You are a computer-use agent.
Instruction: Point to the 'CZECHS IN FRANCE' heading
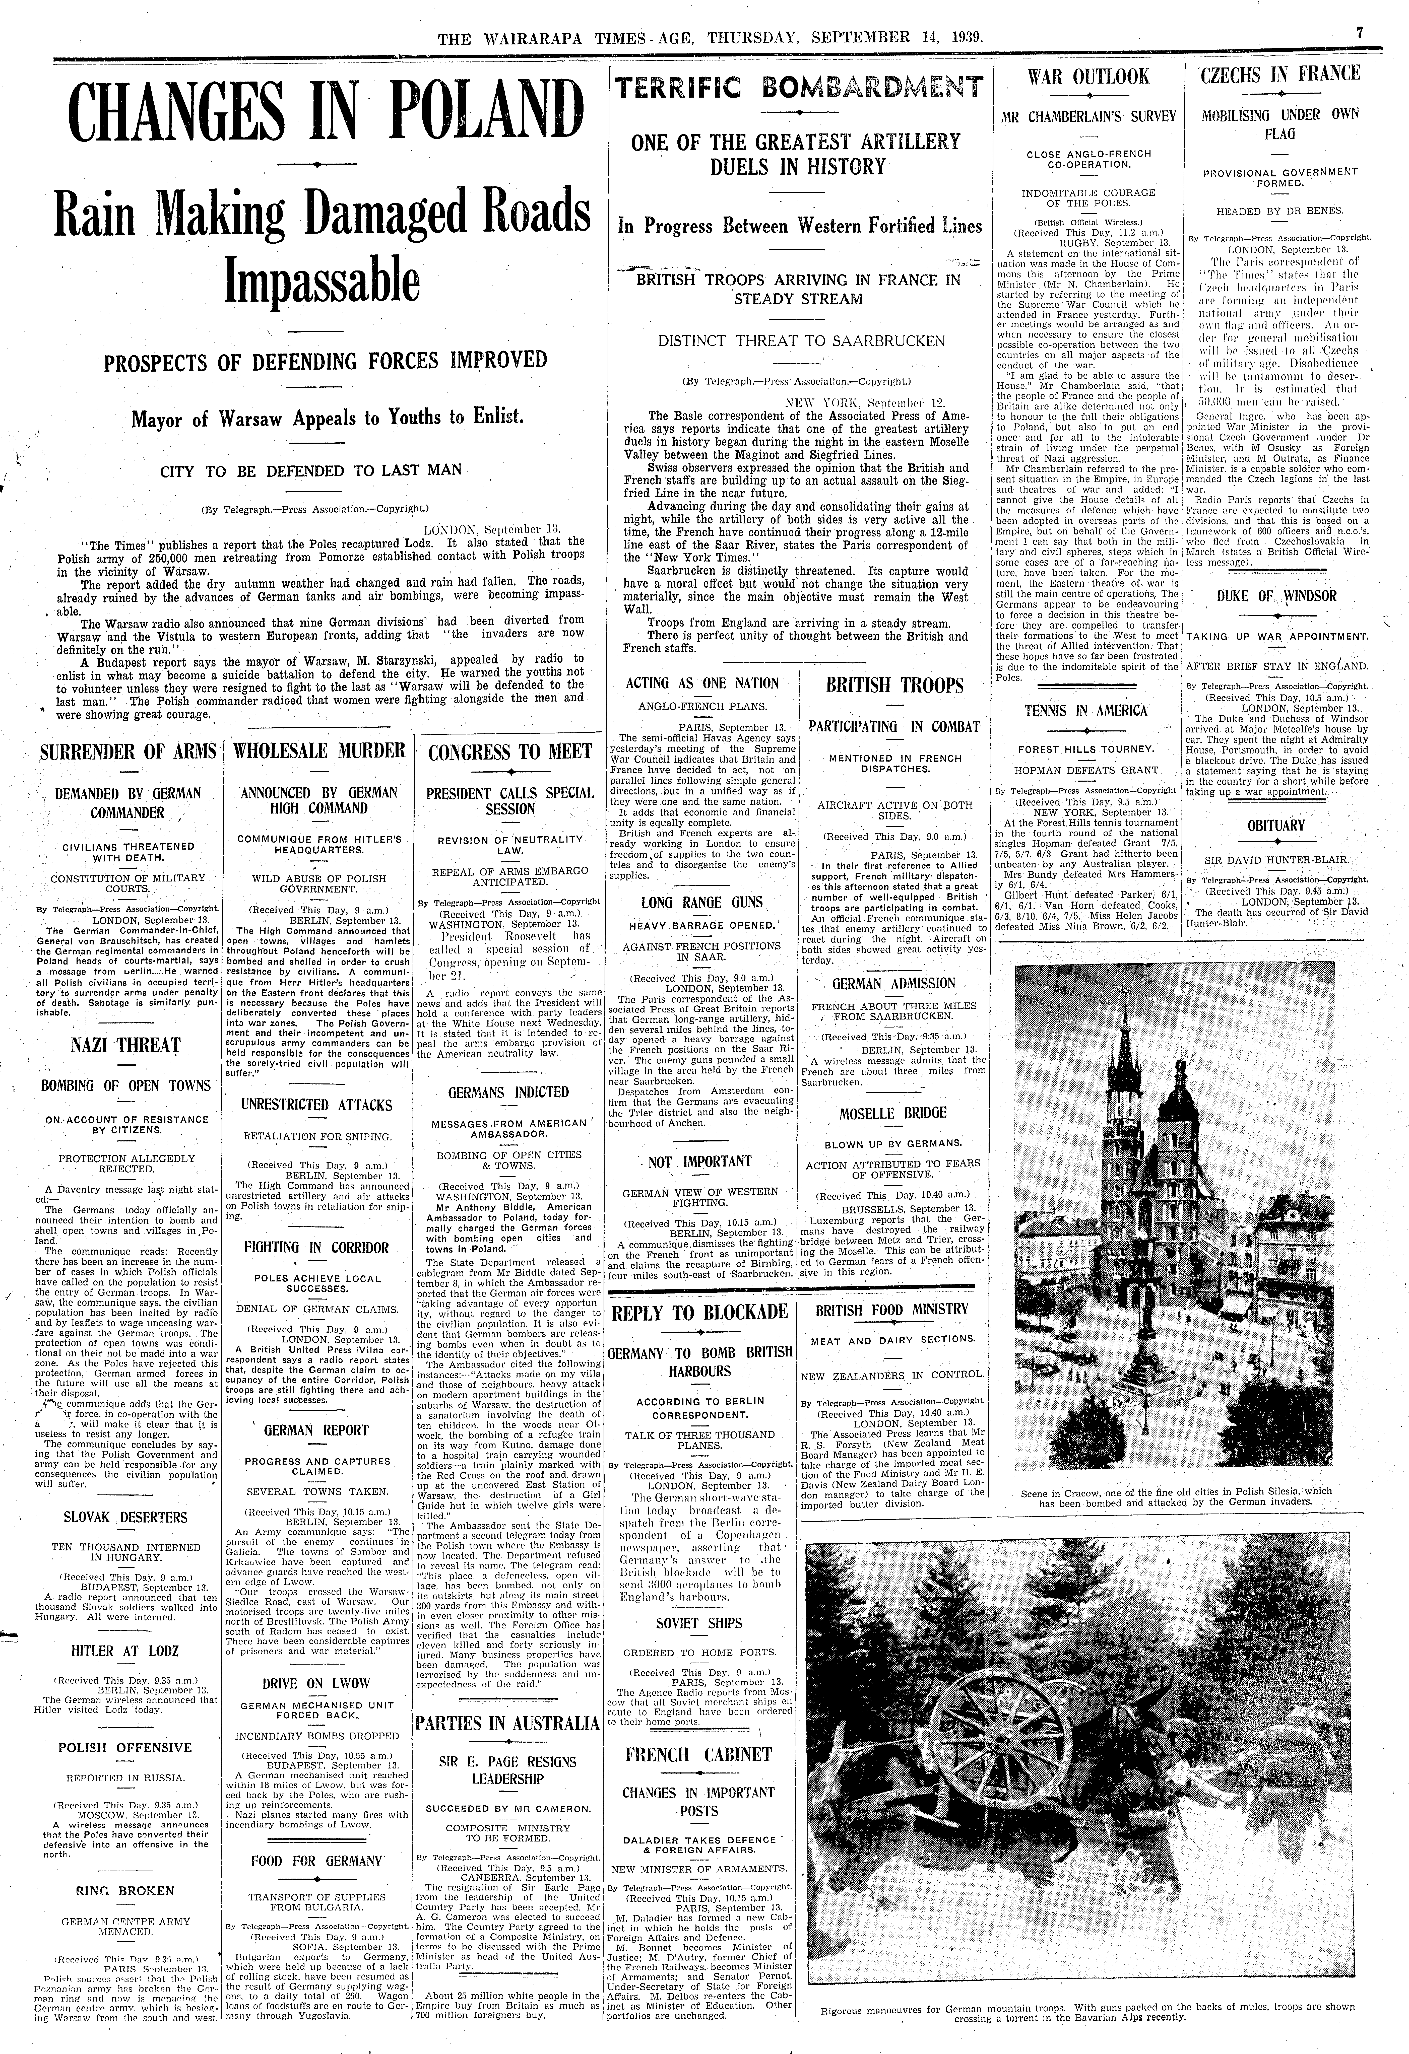coord(1279,74)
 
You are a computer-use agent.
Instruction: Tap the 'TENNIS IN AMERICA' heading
coord(1085,711)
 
